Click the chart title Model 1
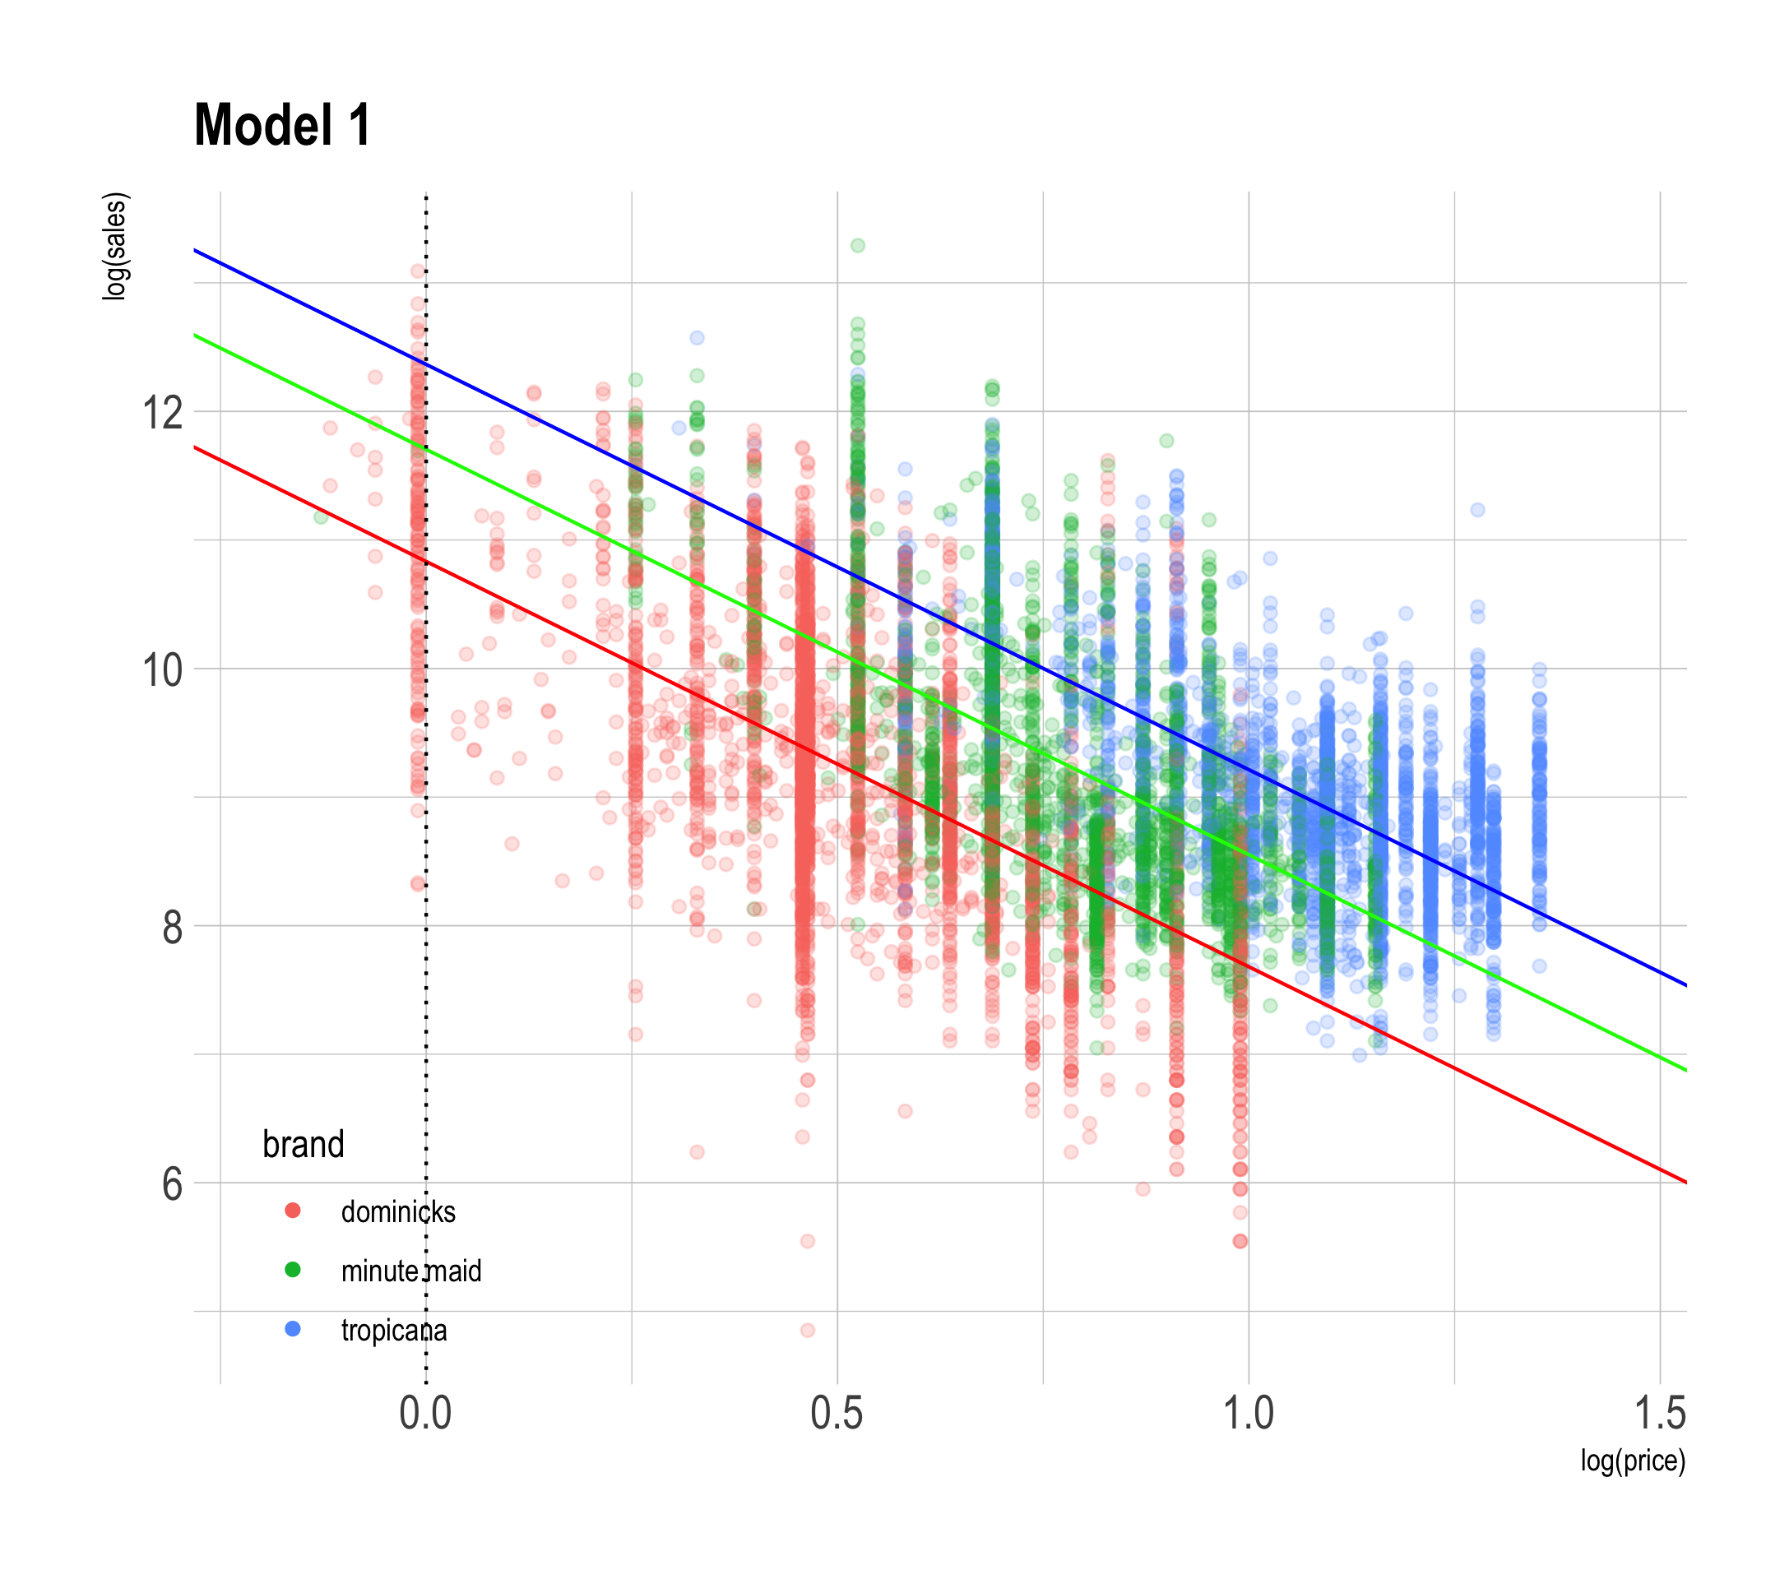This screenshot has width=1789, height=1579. (282, 125)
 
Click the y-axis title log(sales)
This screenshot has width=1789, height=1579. (115, 247)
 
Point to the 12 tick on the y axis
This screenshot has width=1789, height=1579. (162, 412)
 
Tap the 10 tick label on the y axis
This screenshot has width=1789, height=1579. (162, 669)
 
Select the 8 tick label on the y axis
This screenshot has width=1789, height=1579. (172, 926)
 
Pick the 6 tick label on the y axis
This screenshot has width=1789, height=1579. (172, 1183)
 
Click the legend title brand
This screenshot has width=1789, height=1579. (303, 1144)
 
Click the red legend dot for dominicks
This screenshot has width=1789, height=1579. (293, 1211)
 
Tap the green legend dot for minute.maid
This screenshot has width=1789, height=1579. (293, 1270)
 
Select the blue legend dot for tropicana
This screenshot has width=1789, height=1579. (293, 1330)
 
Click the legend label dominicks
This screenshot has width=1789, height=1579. (398, 1211)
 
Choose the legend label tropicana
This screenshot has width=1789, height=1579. (394, 1331)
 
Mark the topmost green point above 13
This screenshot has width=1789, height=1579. (858, 246)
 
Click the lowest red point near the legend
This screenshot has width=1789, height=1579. (807, 1331)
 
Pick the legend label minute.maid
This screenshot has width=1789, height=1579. (411, 1271)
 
